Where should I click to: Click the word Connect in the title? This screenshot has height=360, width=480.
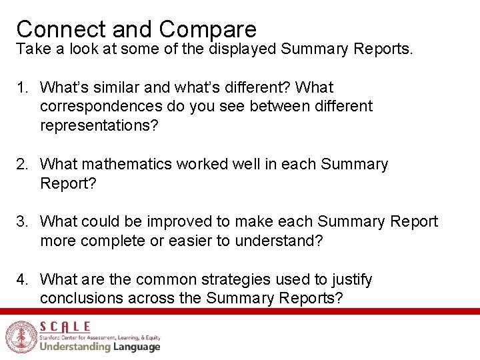pyautogui.click(x=61, y=29)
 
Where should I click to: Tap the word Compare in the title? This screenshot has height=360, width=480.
pyautogui.click(x=207, y=29)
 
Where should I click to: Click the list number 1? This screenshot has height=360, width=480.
pyautogui.click(x=23, y=87)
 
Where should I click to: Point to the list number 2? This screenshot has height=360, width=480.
pyautogui.click(x=23, y=165)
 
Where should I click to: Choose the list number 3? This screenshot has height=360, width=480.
pyautogui.click(x=23, y=222)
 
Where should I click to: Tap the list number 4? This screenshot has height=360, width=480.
pyautogui.click(x=23, y=280)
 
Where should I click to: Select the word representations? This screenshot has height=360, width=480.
pyautogui.click(x=99, y=126)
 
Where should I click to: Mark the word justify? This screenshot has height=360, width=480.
pyautogui.click(x=351, y=280)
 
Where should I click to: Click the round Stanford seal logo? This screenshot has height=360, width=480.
pyautogui.click(x=19, y=337)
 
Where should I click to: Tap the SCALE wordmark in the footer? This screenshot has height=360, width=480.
pyautogui.click(x=65, y=327)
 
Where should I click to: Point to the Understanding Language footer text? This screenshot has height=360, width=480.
pyautogui.click(x=100, y=347)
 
